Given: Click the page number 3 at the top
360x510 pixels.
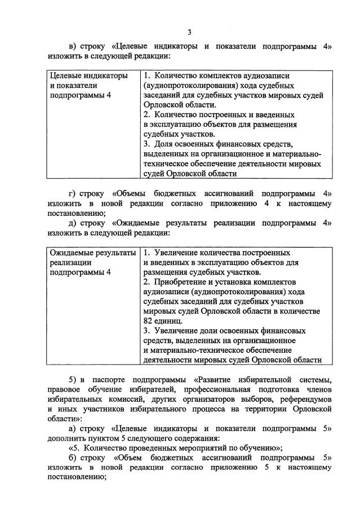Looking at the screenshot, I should click(x=189, y=32).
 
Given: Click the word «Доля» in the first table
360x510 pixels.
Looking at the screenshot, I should click(x=163, y=144).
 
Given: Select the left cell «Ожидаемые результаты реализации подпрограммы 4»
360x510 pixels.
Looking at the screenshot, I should click(x=92, y=263).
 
